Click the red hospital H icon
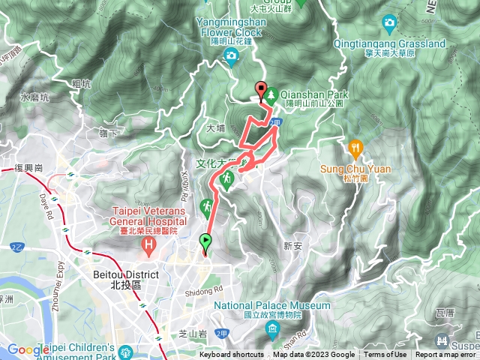coord(151,244)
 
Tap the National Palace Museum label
coord(271,306)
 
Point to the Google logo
coord(28,349)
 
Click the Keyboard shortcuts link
coord(231,355)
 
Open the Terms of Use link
coord(385,355)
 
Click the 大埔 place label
coord(215,128)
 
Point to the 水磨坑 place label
coord(34,97)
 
